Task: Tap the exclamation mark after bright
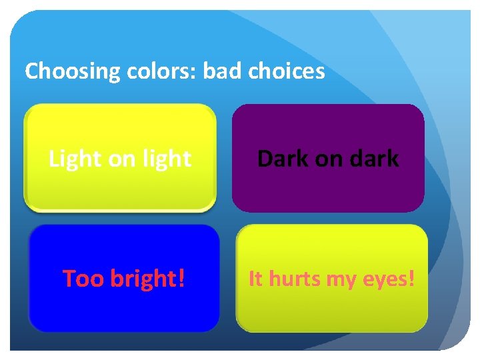181,279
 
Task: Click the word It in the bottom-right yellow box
255,279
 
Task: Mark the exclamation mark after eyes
410,279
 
